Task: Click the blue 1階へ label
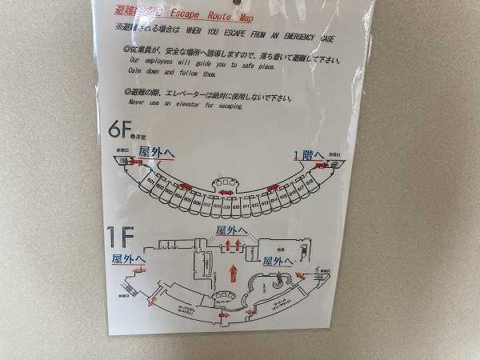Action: coord(308,154)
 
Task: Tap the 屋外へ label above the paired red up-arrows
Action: coord(233,230)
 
